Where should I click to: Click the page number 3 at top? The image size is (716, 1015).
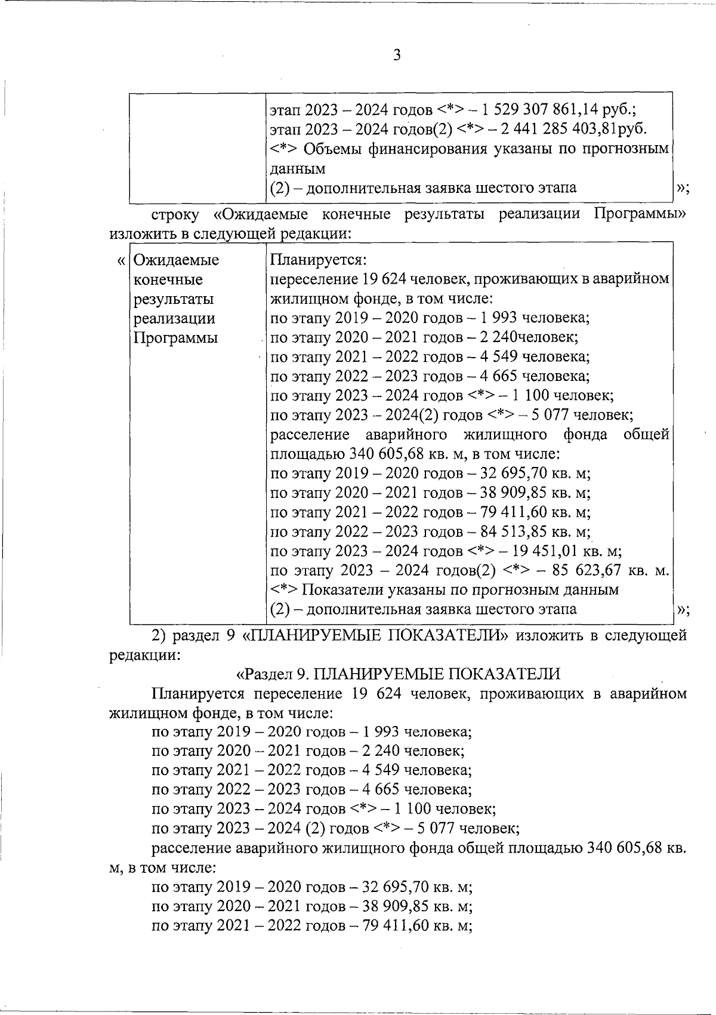coord(397,56)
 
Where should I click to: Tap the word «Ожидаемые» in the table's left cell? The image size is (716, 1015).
coord(176,260)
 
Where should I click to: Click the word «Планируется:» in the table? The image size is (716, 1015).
coord(318,260)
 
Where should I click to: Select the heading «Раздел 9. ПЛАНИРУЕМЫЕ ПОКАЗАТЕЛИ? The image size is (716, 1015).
coord(399,674)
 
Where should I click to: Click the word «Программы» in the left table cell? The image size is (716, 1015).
coord(175,338)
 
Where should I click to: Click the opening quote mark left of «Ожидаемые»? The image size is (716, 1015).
coord(122,261)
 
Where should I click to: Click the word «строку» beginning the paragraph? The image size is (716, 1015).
coord(174,214)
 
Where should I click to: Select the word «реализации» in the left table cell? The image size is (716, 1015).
coord(174,318)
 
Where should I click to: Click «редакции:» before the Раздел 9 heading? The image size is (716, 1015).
coord(144,655)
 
